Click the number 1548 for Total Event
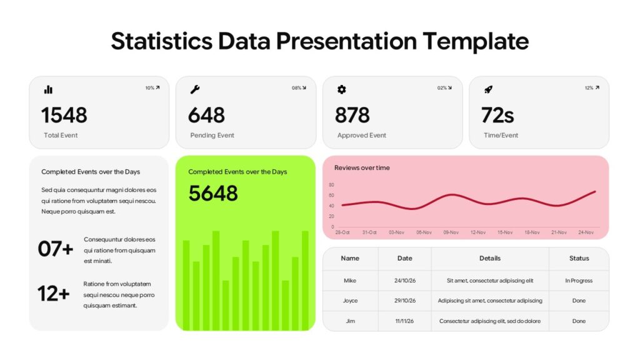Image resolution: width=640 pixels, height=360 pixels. click(x=64, y=115)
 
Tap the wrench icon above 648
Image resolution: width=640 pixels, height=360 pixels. click(x=195, y=89)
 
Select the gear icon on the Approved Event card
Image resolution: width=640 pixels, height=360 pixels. click(x=341, y=89)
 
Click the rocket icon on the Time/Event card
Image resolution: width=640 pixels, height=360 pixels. click(x=488, y=89)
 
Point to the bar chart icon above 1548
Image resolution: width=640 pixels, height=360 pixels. click(x=48, y=89)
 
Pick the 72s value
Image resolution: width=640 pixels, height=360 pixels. click(x=497, y=115)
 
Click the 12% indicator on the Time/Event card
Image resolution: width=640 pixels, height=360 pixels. click(x=591, y=88)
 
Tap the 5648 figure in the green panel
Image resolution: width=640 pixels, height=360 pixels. click(x=213, y=193)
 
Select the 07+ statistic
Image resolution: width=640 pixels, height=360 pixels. click(x=55, y=249)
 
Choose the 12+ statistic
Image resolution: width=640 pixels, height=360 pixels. click(x=53, y=293)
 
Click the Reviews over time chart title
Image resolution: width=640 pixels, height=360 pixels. click(x=362, y=167)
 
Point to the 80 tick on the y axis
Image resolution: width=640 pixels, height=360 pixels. click(x=331, y=185)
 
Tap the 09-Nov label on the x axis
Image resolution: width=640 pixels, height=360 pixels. click(x=451, y=232)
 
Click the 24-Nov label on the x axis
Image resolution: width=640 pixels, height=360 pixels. click(x=586, y=232)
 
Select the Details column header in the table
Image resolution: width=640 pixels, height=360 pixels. click(x=489, y=258)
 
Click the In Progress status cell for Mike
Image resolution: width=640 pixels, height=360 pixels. click(x=579, y=281)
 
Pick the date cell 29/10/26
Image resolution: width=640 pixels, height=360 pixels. click(x=404, y=301)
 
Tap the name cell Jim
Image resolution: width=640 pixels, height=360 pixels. click(x=350, y=321)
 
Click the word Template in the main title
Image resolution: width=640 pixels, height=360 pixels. click(x=476, y=41)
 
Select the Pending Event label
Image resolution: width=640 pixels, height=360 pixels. click(x=212, y=135)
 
